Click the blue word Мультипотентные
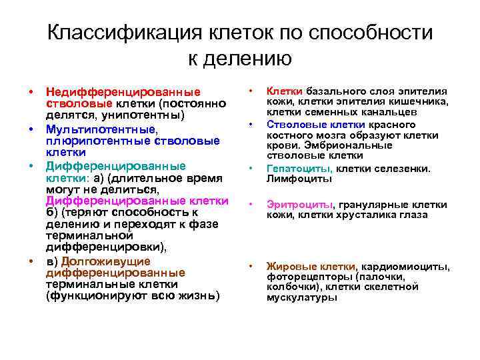click(x=101, y=128)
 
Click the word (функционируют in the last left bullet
click(x=91, y=296)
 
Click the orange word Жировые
click(x=288, y=267)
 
